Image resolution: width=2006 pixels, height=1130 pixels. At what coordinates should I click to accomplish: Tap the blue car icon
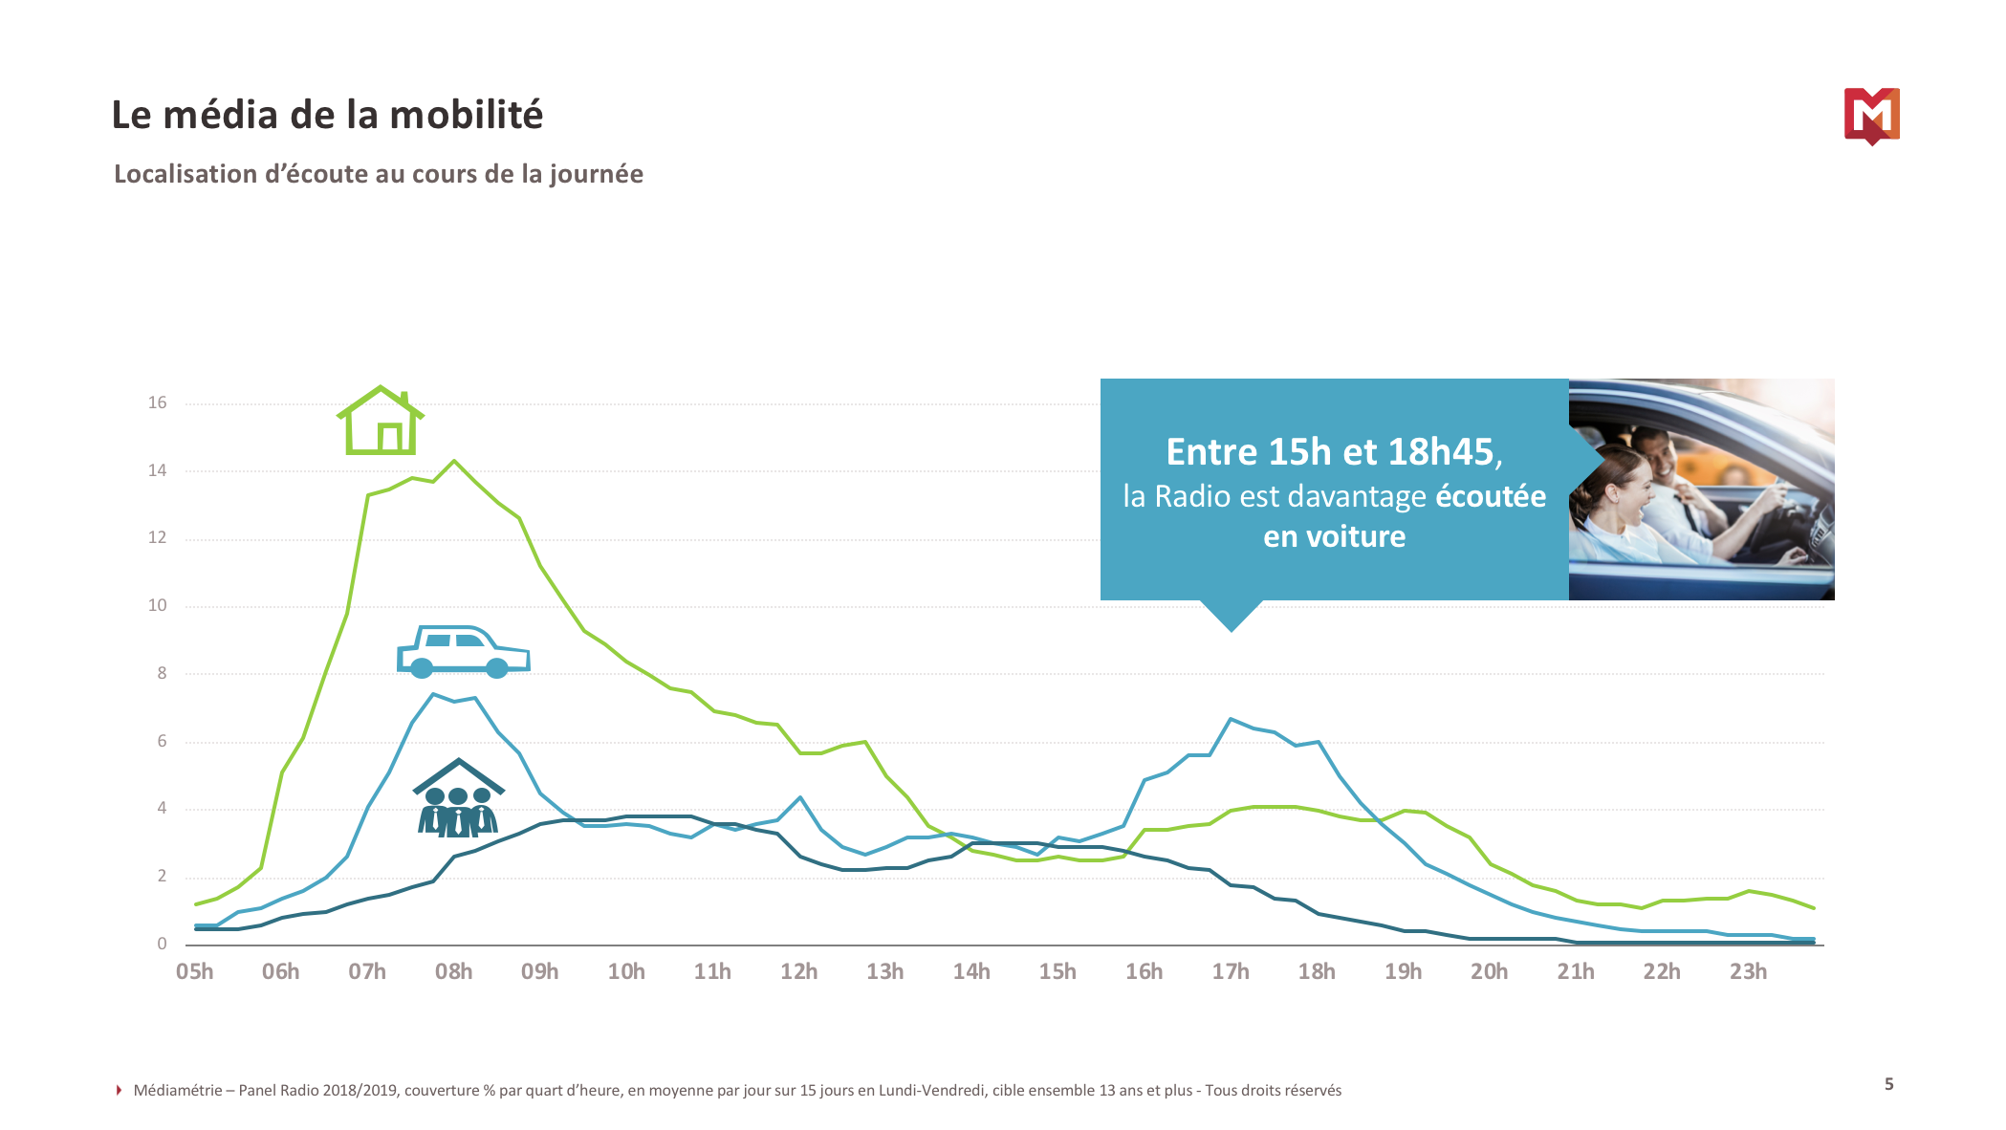click(463, 653)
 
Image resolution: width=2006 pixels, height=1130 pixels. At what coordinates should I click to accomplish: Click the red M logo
click(1871, 116)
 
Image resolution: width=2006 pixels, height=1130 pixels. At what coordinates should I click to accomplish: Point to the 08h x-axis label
click(453, 971)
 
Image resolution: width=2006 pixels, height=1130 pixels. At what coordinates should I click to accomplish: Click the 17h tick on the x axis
click(1231, 971)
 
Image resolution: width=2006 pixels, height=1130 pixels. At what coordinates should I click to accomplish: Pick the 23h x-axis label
click(1748, 971)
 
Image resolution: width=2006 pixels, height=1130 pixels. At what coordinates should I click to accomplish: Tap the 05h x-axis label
click(195, 971)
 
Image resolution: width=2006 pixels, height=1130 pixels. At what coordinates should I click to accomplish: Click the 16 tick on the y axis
click(157, 402)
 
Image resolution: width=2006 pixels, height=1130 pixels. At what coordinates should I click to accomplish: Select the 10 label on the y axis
click(157, 605)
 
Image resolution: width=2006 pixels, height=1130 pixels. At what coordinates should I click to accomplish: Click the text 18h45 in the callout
click(1441, 452)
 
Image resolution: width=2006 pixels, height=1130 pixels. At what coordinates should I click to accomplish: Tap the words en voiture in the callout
click(1334, 536)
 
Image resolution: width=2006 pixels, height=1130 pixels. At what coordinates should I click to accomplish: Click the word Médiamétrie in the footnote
click(178, 1090)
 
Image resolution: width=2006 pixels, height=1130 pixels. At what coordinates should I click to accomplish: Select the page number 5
click(1888, 1084)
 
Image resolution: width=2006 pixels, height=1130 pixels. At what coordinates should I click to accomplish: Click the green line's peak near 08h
click(454, 461)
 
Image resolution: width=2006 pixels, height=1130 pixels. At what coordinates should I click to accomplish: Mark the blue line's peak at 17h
click(1231, 718)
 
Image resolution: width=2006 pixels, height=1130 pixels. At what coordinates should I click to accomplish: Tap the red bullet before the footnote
click(119, 1090)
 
